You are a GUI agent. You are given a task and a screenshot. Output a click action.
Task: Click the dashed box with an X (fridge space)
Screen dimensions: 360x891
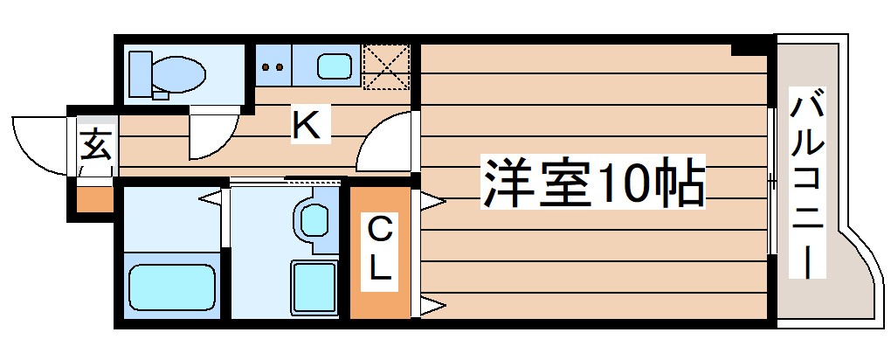click(x=386, y=66)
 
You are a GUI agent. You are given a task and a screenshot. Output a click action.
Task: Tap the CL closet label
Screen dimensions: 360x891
click(x=379, y=248)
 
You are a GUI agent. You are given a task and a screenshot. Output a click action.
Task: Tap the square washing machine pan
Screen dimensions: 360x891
click(x=314, y=287)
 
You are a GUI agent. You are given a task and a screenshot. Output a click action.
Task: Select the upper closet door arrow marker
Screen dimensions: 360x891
click(x=432, y=202)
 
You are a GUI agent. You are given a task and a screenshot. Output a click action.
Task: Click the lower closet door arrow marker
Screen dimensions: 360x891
click(x=432, y=306)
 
